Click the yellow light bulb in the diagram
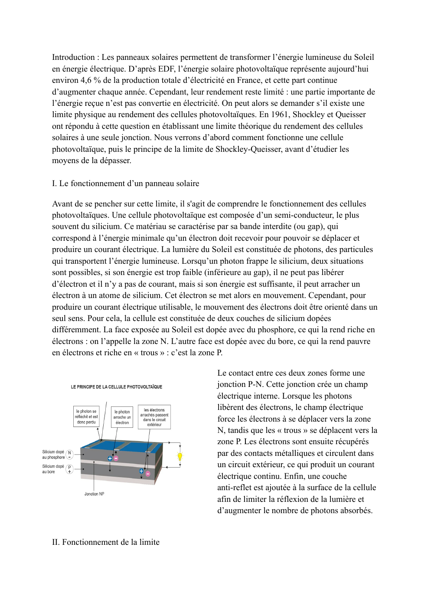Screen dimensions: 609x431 (180, 456)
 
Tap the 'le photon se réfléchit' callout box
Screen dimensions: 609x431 (87, 416)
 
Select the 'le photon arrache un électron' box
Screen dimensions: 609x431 (122, 417)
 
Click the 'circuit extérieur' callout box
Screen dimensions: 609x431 (154, 417)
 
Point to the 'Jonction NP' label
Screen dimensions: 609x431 (94, 494)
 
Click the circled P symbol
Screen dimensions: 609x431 (69, 469)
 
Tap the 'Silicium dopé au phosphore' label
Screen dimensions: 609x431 (53, 455)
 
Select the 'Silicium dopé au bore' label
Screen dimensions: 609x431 (52, 469)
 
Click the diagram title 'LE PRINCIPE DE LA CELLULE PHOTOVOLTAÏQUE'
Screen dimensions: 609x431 (116, 386)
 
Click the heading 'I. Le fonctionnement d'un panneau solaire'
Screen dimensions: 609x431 (125, 183)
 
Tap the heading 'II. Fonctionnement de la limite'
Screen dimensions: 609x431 (106, 542)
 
